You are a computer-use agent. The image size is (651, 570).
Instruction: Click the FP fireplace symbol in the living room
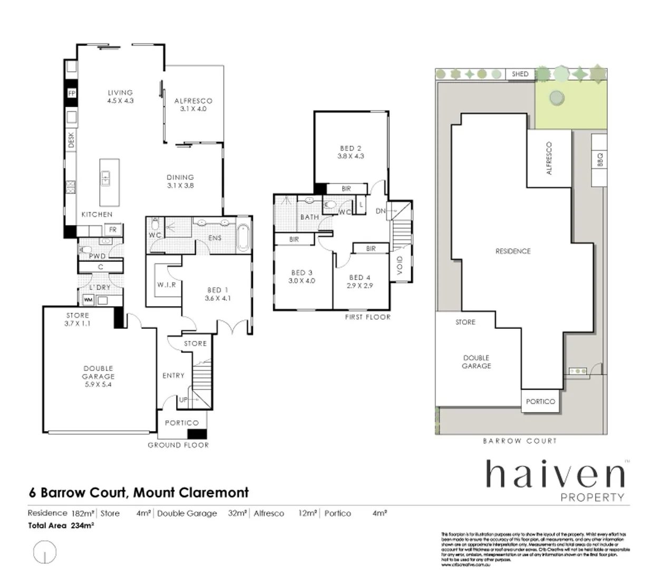click(72, 94)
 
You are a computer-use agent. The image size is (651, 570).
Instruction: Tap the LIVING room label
click(120, 92)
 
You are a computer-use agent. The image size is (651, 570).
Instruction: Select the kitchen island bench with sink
click(109, 182)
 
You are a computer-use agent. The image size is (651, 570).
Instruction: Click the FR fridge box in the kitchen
click(113, 230)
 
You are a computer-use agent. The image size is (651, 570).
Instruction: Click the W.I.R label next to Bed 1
click(166, 284)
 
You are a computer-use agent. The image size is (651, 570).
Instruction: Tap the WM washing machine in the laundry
click(88, 300)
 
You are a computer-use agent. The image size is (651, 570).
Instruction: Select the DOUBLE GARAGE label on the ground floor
click(98, 372)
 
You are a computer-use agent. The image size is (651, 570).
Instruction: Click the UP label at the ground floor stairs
click(183, 400)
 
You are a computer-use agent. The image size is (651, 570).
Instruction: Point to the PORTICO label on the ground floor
click(181, 423)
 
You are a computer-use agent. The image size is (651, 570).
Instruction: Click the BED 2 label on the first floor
click(351, 148)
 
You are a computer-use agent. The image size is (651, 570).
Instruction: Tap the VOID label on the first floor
click(400, 265)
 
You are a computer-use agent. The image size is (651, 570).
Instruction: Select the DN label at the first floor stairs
click(381, 211)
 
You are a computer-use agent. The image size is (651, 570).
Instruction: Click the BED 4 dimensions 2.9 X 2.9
click(359, 286)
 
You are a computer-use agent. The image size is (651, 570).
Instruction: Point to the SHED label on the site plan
click(520, 74)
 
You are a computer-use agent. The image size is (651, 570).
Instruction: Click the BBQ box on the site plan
click(599, 159)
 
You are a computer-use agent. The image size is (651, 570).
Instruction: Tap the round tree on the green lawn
click(555, 98)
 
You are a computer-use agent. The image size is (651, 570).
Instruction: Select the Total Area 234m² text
click(61, 525)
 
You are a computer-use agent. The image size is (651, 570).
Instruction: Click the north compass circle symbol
click(45, 552)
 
